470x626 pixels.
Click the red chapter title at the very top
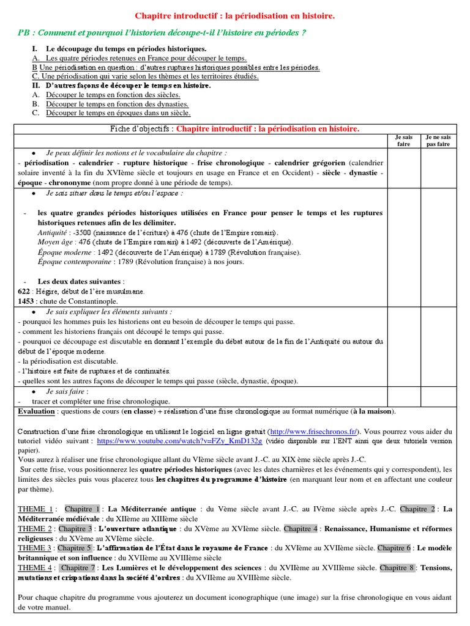[x=234, y=15]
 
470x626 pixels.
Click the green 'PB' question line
[x=162, y=33]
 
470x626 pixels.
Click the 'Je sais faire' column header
[x=404, y=141]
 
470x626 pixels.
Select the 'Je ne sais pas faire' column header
[x=438, y=141]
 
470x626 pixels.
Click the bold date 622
[x=24, y=292]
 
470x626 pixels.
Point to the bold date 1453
[x=26, y=301]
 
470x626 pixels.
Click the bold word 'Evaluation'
[x=36, y=411]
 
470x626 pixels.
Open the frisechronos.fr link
[x=315, y=431]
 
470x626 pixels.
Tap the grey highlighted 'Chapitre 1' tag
[x=82, y=509]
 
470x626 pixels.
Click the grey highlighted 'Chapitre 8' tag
[x=397, y=568]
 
